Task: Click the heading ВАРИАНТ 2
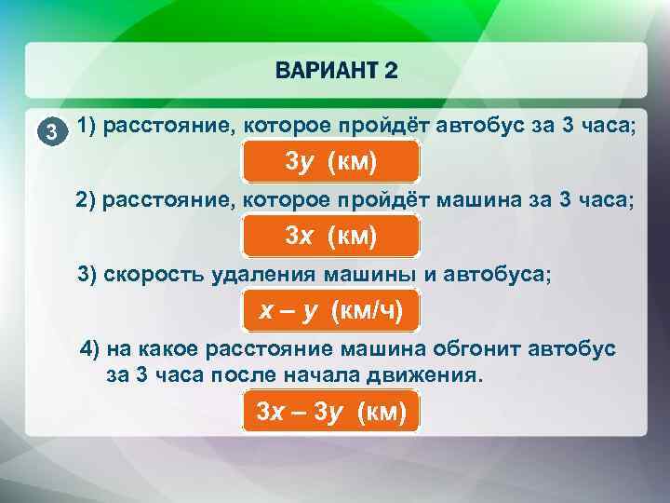336,71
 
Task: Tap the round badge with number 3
58,131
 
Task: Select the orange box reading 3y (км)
331,162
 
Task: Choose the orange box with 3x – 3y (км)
331,412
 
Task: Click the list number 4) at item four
91,349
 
